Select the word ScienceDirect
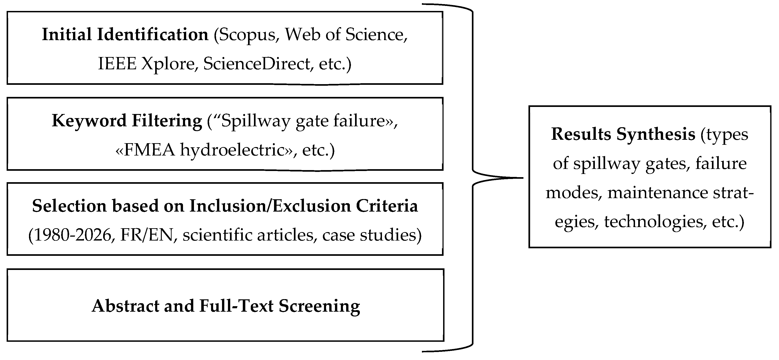tap(257, 63)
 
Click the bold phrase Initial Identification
tap(125, 34)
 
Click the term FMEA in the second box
tap(149, 150)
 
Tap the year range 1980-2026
tap(73, 235)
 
